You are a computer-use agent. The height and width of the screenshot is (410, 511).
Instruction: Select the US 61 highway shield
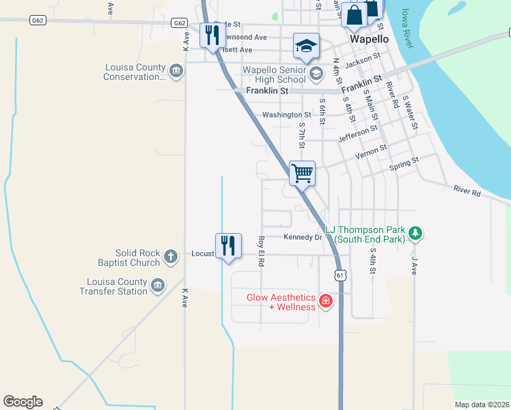pyautogui.click(x=340, y=275)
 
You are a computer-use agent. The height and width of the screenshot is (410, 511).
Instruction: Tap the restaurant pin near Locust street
pyautogui.click(x=227, y=245)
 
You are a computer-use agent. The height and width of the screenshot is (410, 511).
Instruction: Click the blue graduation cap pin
pyautogui.click(x=306, y=46)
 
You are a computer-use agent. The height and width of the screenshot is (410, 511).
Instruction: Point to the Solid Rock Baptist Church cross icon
pyautogui.click(x=171, y=258)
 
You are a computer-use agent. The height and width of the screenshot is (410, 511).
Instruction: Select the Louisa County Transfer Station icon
pyautogui.click(x=158, y=286)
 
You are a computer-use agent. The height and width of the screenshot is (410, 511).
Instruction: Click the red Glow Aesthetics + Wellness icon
pyautogui.click(x=326, y=301)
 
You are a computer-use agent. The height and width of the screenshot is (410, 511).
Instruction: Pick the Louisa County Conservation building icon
pyautogui.click(x=176, y=72)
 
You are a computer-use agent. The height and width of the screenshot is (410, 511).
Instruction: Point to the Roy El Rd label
pyautogui.click(x=261, y=251)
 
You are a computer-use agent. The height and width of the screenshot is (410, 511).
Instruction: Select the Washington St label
pyautogui.click(x=287, y=115)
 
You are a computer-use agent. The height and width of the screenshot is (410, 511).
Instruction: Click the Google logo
pyautogui.click(x=23, y=402)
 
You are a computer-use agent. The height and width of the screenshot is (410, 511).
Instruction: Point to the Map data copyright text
pyautogui.click(x=482, y=405)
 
